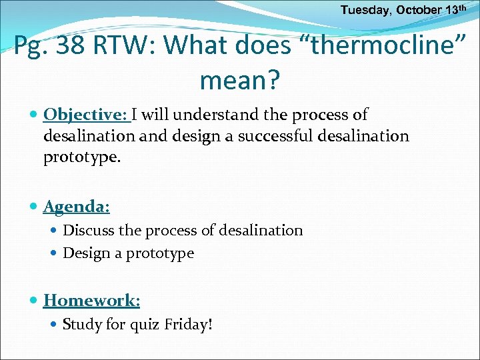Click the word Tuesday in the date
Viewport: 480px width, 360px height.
(362, 10)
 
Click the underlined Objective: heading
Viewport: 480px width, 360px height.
(87, 115)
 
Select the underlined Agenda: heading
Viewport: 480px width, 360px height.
(77, 207)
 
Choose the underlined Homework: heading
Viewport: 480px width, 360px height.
(92, 300)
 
